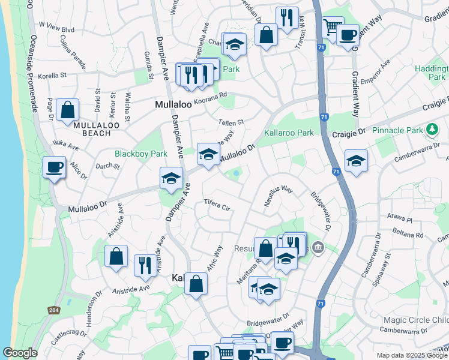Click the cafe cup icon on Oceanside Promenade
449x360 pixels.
[x=55, y=167]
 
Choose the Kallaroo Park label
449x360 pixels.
[x=289, y=132]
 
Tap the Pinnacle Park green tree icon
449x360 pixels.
[x=431, y=130]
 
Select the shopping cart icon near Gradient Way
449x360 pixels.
[x=331, y=27]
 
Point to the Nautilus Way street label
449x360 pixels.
[x=279, y=196]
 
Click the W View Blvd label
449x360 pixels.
[x=56, y=28]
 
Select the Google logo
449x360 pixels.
[x=20, y=353]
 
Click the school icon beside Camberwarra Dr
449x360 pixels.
[x=357, y=161]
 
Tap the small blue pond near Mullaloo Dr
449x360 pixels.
[x=237, y=174]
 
